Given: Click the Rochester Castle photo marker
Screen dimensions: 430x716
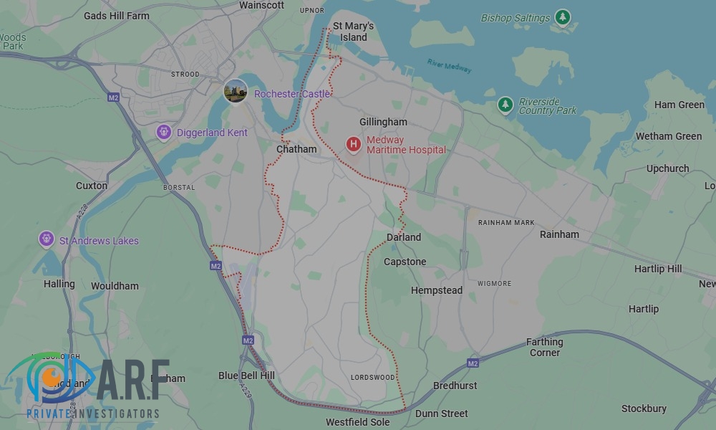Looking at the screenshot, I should pyautogui.click(x=236, y=92).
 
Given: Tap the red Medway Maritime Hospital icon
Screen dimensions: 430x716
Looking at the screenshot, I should pyautogui.click(x=353, y=145).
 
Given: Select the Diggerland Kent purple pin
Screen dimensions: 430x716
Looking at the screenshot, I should pyautogui.click(x=164, y=133).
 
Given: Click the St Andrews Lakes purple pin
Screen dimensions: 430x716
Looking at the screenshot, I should pyautogui.click(x=47, y=239).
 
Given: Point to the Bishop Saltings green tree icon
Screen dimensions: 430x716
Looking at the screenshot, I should pyautogui.click(x=563, y=17).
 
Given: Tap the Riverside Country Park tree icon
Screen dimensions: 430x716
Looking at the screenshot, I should pyautogui.click(x=505, y=105).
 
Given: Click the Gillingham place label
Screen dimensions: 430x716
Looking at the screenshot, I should pyautogui.click(x=383, y=123).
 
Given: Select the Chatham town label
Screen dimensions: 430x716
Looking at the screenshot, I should pyautogui.click(x=296, y=149).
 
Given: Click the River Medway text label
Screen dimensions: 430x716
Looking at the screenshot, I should pyautogui.click(x=449, y=65).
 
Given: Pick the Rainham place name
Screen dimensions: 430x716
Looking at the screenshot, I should pyautogui.click(x=559, y=234).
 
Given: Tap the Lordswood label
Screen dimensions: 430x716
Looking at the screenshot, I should pyautogui.click(x=372, y=377).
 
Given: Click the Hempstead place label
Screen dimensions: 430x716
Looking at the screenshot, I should pyautogui.click(x=437, y=290).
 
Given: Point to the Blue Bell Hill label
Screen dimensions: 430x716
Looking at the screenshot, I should pyautogui.click(x=246, y=376).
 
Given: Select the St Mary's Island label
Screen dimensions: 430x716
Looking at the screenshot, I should pyautogui.click(x=354, y=32).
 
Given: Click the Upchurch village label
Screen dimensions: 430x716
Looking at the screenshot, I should pyautogui.click(x=667, y=168).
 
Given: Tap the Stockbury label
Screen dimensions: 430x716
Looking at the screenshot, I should pyautogui.click(x=644, y=408).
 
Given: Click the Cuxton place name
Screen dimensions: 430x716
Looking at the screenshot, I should pyautogui.click(x=92, y=186).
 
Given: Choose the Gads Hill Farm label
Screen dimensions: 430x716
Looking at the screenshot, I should pyautogui.click(x=117, y=16).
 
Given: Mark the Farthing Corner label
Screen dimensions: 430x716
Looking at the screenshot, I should pyautogui.click(x=544, y=347).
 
